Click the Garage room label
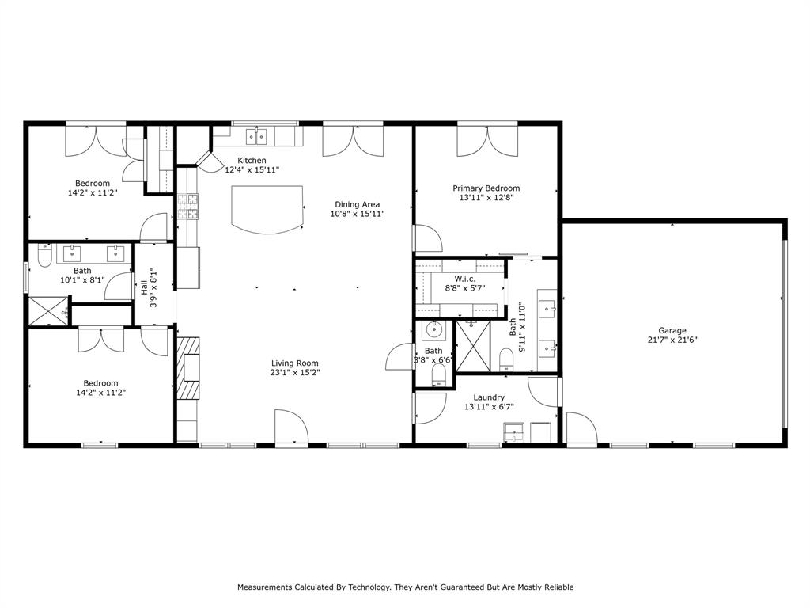tap(672, 330)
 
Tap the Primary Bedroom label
tap(486, 188)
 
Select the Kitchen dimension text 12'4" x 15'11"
tap(252, 169)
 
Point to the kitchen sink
tap(256, 137)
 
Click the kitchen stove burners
tap(188, 207)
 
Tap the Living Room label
tap(294, 363)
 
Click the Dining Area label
tap(357, 204)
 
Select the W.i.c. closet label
tap(465, 279)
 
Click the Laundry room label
tap(489, 397)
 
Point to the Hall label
tap(144, 287)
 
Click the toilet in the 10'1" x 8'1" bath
tap(45, 256)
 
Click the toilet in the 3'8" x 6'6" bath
tap(438, 374)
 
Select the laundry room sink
tap(513, 432)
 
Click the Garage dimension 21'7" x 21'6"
tap(672, 340)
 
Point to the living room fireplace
tap(188, 368)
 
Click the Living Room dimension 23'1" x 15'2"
tap(294, 372)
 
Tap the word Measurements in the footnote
tap(264, 587)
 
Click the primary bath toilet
tap(507, 360)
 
